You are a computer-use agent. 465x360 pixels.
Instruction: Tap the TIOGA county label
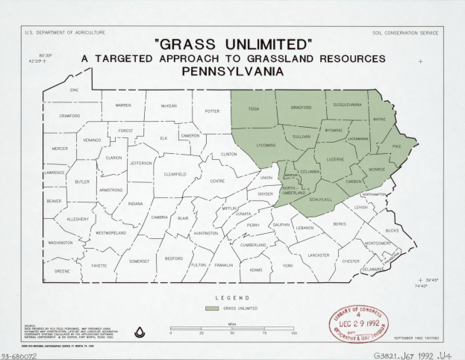(x=254, y=109)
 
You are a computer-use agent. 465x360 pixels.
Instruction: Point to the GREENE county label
(x=62, y=271)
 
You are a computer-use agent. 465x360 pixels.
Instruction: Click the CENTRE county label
(x=217, y=181)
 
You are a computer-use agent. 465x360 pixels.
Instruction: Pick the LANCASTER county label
(x=319, y=255)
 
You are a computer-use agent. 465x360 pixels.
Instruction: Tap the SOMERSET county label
(x=139, y=261)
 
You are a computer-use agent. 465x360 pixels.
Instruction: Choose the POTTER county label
(x=212, y=111)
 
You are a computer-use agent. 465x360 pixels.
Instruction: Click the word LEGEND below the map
(x=232, y=298)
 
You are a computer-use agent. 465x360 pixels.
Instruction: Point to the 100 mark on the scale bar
(x=294, y=333)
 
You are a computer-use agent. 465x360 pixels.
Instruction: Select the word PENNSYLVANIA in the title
(x=232, y=72)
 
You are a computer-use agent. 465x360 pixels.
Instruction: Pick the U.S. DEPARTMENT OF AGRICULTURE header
(x=65, y=32)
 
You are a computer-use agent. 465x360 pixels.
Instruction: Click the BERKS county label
(x=340, y=224)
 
